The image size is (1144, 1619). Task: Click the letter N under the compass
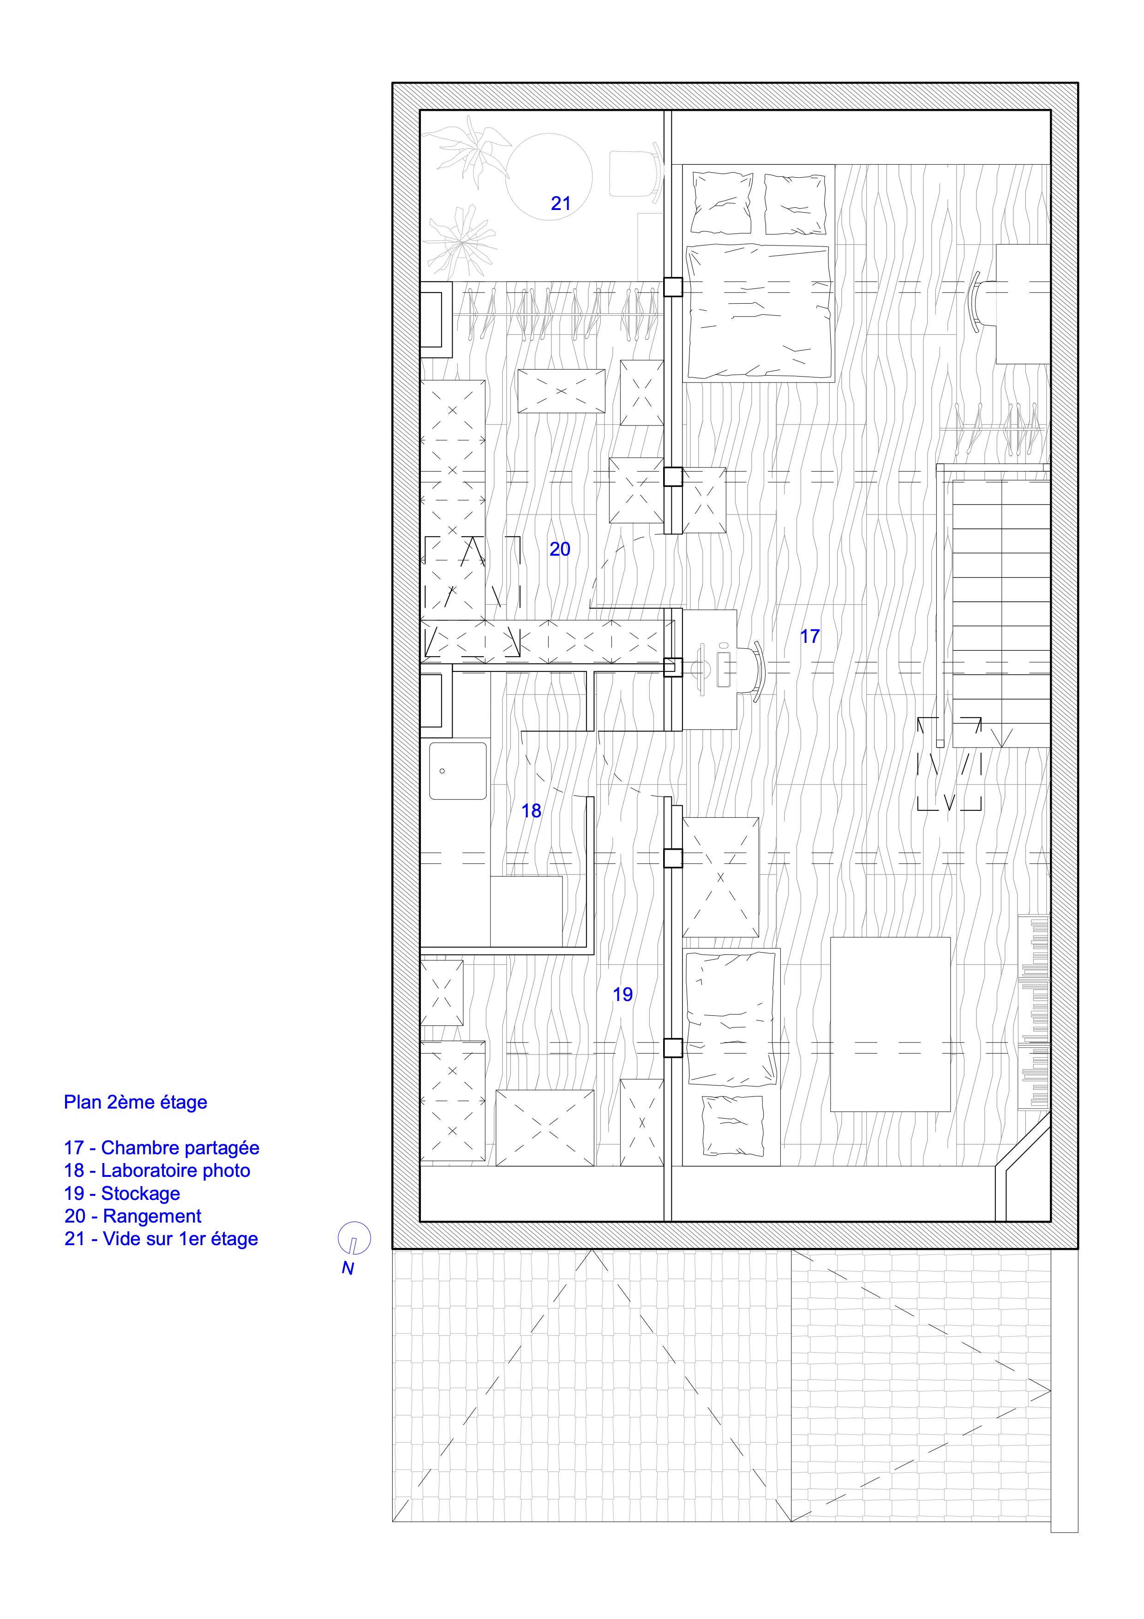point(347,1268)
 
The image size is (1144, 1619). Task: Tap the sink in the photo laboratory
point(458,771)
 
